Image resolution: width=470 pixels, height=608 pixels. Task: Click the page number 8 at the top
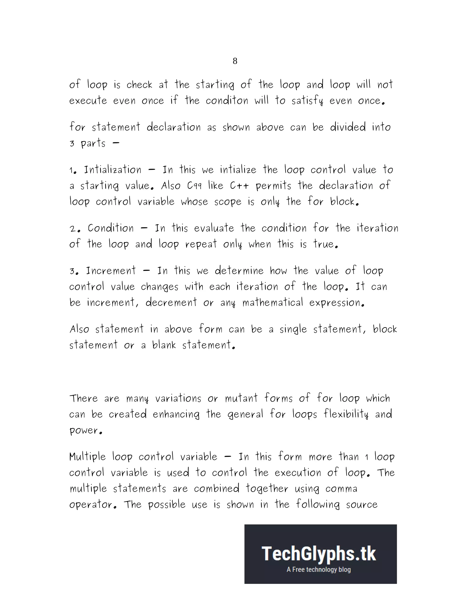[235, 61]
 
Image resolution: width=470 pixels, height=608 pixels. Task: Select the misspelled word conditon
[227, 101]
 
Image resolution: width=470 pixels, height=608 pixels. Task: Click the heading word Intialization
[113, 170]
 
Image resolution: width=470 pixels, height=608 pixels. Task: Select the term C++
[239, 186]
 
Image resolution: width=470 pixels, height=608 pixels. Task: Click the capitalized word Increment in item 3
[111, 271]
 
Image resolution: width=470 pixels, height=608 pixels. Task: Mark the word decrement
[171, 303]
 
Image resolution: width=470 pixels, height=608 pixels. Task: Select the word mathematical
[273, 303]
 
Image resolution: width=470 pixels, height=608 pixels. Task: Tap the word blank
[164, 345]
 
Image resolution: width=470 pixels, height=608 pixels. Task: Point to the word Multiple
[88, 457]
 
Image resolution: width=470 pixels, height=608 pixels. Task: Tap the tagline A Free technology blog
[319, 570]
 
